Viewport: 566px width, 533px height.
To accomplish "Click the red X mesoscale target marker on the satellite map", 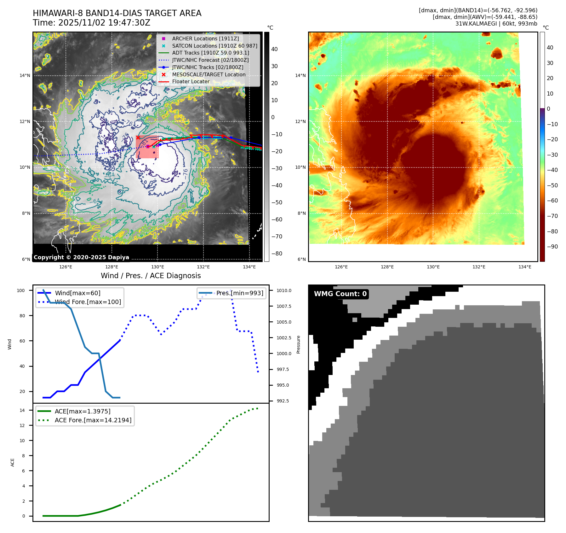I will coord(138,138).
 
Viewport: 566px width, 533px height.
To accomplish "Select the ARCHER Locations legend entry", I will coord(205,38).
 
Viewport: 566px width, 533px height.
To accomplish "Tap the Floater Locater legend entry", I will coord(191,81).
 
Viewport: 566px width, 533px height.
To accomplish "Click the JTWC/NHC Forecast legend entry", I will coord(210,60).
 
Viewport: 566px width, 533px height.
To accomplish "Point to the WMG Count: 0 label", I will coord(340,294).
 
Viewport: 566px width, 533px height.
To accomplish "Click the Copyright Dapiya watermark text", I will coord(81,257).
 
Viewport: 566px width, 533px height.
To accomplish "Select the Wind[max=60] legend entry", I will coord(77,293).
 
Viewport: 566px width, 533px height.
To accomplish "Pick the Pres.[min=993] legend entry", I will coord(239,293).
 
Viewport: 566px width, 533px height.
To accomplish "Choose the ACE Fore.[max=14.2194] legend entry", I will coord(93,420).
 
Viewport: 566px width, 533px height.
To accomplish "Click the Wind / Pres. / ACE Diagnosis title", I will coord(151,276).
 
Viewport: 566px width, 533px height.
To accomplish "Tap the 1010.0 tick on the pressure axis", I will coord(284,290).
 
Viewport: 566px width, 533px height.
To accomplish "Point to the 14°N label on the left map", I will coord(25,75).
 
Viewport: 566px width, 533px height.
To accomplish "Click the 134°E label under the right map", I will coord(525,267).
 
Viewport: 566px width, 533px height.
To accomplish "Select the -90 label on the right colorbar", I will coord(552,247).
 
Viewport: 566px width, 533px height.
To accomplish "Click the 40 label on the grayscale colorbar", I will coord(274,49).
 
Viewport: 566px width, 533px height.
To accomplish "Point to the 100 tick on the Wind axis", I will coord(21,290).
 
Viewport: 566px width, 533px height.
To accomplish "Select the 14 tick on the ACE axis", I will coord(22,410).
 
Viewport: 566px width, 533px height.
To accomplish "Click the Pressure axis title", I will coord(298,344).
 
